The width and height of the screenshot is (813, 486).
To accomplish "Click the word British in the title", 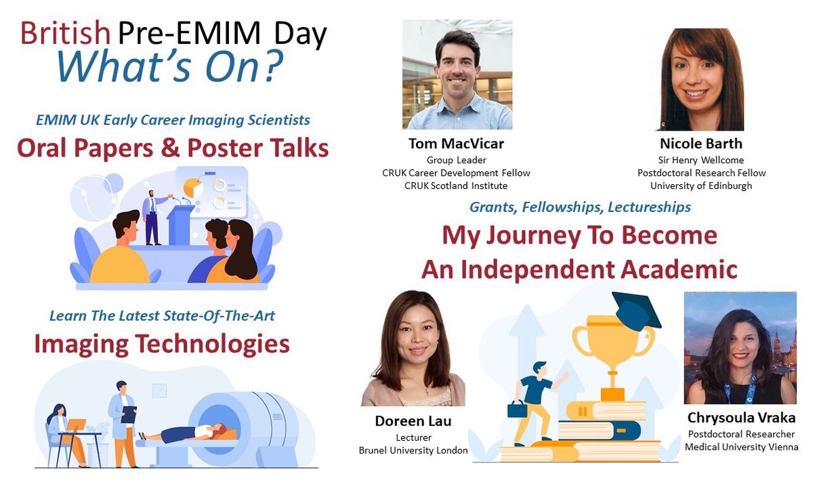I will [x=65, y=34].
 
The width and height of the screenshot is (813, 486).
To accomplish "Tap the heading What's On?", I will [x=169, y=66].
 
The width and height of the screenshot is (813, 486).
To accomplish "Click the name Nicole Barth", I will [x=701, y=143].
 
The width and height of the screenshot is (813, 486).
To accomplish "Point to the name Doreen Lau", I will [x=413, y=422].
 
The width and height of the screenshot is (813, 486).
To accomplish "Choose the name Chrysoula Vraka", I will [x=741, y=418].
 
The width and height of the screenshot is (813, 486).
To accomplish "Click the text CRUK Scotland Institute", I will [x=456, y=185].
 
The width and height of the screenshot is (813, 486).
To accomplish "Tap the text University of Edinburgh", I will [x=701, y=185].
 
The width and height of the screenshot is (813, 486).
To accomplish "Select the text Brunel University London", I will [x=413, y=451].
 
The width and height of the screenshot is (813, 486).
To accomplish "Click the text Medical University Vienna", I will [x=741, y=447].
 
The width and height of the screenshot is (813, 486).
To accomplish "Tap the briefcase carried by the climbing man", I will [x=517, y=409].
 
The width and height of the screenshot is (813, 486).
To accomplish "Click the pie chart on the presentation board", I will [x=194, y=184].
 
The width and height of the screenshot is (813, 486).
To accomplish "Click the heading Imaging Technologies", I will [x=162, y=345].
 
